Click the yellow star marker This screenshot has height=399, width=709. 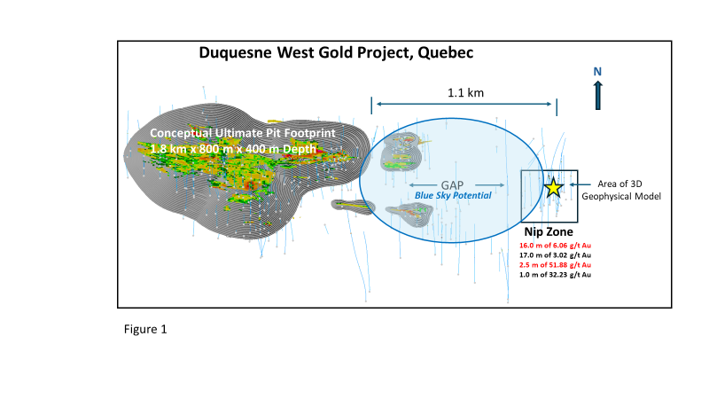tap(553, 187)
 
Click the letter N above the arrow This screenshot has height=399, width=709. tap(597, 71)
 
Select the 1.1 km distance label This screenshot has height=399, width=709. tap(464, 91)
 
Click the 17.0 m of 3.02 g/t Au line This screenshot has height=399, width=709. tap(555, 254)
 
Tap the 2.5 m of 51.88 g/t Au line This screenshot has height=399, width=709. tap(555, 265)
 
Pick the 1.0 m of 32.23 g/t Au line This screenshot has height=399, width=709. tap(555, 276)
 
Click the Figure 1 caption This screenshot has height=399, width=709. tap(144, 329)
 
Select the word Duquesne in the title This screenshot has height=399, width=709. tap(239, 53)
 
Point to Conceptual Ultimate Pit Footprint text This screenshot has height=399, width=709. tap(227, 133)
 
